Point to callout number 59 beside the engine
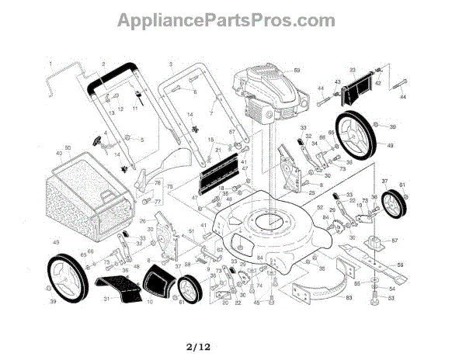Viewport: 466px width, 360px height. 296,71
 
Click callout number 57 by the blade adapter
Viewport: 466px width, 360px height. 395,241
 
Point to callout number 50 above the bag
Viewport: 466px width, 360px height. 68,148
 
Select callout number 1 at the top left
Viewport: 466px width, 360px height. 50,63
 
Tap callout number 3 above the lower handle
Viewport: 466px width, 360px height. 170,63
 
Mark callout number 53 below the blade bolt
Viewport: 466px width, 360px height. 391,298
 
